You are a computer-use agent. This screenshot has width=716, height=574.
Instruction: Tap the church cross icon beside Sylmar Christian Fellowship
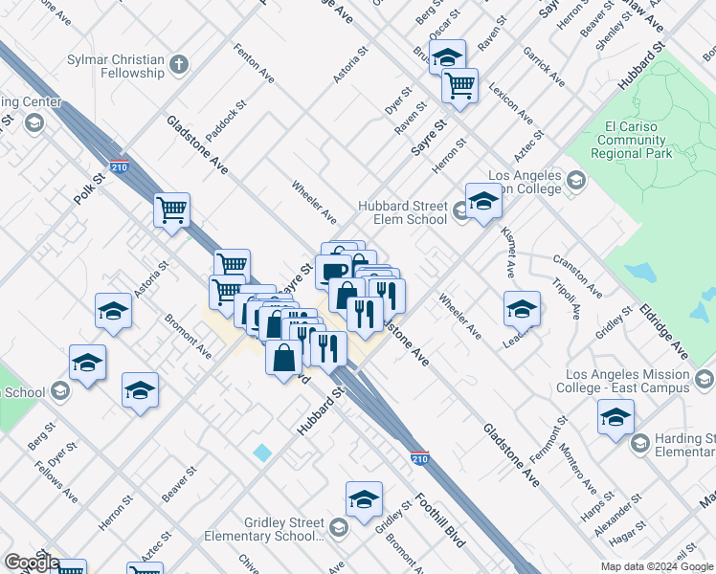point(179,66)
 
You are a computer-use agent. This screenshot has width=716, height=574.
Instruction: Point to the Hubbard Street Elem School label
point(403,212)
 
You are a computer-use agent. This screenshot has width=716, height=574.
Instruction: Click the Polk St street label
point(88,188)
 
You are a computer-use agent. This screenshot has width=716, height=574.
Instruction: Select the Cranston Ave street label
point(577,275)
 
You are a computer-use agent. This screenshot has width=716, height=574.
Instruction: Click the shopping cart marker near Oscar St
point(460,85)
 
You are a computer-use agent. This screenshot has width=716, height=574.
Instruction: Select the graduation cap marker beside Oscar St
point(447,56)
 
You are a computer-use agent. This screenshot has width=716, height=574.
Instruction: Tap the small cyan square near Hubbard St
point(262,452)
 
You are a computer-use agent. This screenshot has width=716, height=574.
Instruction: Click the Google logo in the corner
point(32,563)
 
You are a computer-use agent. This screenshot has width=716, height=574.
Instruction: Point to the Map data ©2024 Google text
point(657,565)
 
